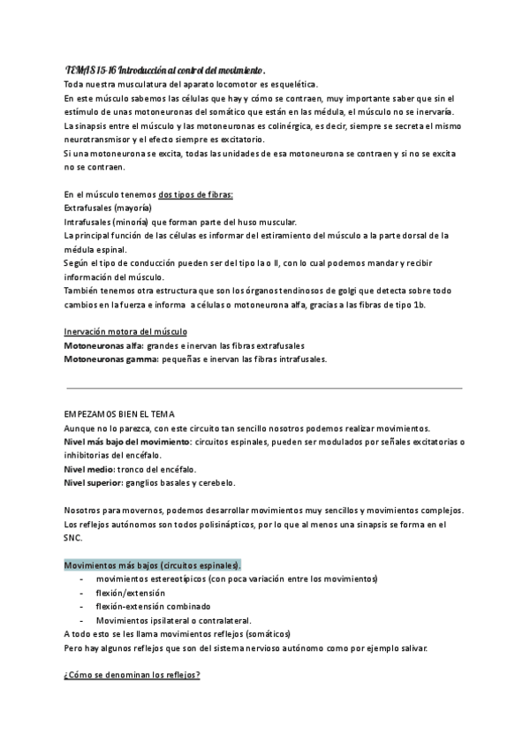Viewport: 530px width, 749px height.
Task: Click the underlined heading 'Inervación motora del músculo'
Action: (x=125, y=331)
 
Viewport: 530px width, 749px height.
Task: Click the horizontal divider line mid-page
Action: (x=264, y=387)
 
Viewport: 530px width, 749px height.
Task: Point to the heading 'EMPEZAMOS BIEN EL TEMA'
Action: (x=120, y=413)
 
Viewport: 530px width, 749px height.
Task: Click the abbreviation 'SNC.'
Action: (x=73, y=537)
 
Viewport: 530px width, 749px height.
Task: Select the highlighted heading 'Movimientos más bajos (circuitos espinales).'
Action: (x=153, y=564)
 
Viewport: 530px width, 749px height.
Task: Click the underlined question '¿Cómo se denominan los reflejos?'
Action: (x=132, y=676)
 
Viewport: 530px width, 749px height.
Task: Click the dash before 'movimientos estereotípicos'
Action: (x=81, y=579)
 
